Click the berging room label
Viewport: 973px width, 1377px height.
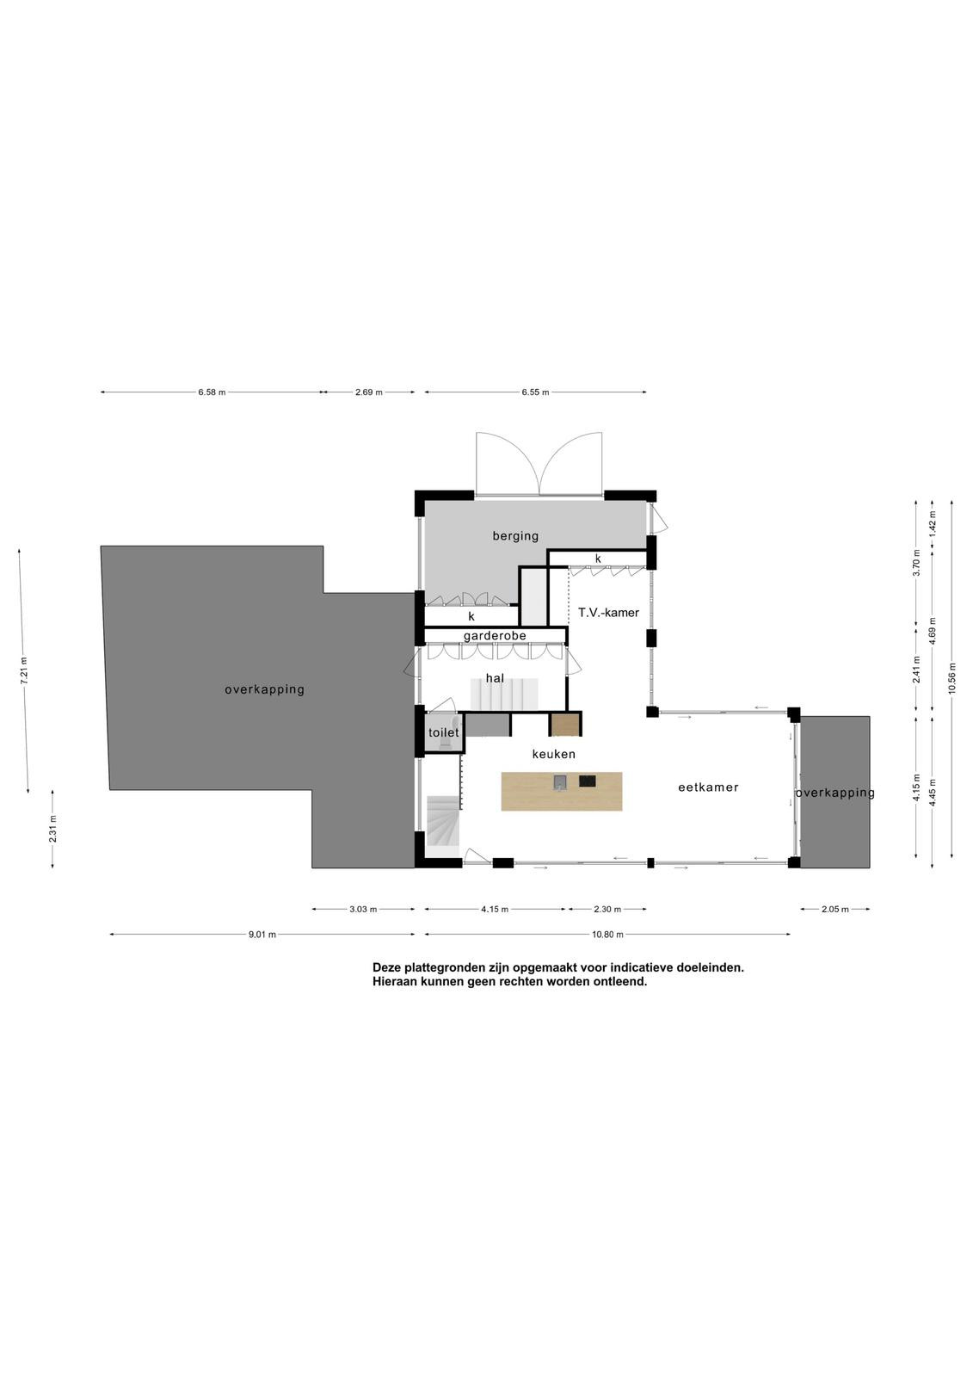(515, 536)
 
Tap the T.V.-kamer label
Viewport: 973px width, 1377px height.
(608, 613)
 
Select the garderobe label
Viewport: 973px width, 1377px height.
(495, 636)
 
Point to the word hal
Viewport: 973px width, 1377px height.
(495, 678)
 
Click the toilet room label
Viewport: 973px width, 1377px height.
(443, 732)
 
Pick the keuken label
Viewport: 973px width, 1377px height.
(554, 754)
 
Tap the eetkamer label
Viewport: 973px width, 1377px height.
(708, 787)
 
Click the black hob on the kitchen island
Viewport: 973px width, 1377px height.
(587, 781)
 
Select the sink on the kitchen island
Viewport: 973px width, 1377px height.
(560, 781)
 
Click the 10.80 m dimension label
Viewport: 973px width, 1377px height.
(607, 935)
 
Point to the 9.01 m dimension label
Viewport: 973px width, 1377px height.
(262, 935)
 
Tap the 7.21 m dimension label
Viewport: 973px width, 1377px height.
(23, 670)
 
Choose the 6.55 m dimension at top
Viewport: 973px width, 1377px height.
(535, 392)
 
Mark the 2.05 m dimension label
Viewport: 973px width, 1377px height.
(834, 909)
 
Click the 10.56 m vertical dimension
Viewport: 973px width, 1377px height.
(952, 678)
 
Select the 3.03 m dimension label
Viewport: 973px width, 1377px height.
(363, 909)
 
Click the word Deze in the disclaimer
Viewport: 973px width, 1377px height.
(386, 967)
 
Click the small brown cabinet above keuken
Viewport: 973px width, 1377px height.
(565, 725)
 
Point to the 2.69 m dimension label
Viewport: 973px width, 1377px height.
(369, 392)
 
